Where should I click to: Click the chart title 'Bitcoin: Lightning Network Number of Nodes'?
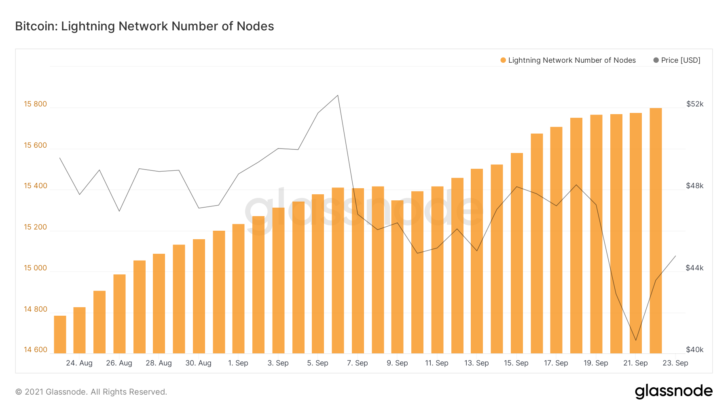pyautogui.click(x=144, y=26)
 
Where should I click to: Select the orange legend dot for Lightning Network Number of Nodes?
pyautogui.click(x=503, y=60)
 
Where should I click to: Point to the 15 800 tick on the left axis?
pyautogui.click(x=36, y=104)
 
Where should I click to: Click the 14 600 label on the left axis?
pyautogui.click(x=36, y=350)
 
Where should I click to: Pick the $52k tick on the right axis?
pyautogui.click(x=695, y=104)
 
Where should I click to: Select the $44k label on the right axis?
pyautogui.click(x=695, y=268)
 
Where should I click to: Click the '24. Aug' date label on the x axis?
pyautogui.click(x=79, y=363)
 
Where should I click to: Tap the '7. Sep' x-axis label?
pyautogui.click(x=358, y=363)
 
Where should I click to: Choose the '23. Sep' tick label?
pyautogui.click(x=675, y=363)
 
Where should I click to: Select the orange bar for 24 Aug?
pyautogui.click(x=80, y=330)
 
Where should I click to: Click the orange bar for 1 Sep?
pyautogui.click(x=239, y=288)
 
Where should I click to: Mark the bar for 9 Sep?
pyautogui.click(x=397, y=276)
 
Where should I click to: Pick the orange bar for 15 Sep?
pyautogui.click(x=517, y=253)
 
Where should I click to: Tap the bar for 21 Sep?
pyautogui.click(x=636, y=233)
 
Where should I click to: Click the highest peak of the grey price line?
pyautogui.click(x=338, y=96)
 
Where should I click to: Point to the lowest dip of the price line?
pyautogui.click(x=636, y=340)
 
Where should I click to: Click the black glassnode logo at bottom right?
pyautogui.click(x=673, y=391)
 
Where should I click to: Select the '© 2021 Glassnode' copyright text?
pyautogui.click(x=91, y=392)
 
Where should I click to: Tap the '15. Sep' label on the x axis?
pyautogui.click(x=516, y=363)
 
